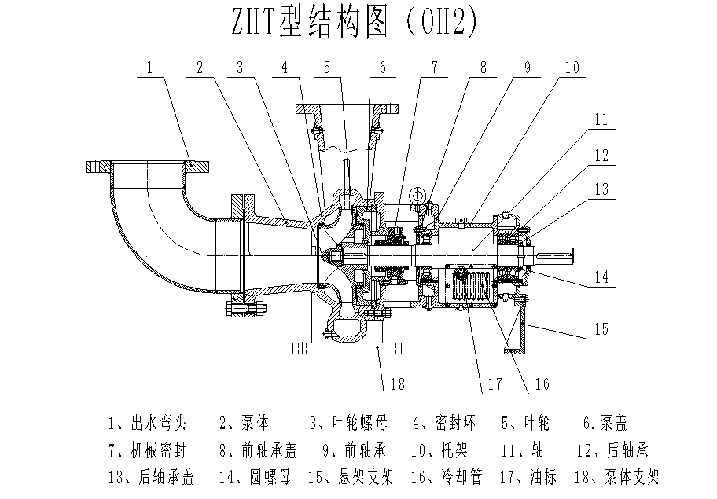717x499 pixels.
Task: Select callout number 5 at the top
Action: [x=327, y=68]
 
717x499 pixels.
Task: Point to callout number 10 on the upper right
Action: [x=571, y=68]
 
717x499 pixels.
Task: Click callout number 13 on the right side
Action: [x=601, y=189]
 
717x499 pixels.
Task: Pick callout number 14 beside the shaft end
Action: [x=601, y=277]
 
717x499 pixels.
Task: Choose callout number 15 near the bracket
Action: [x=601, y=329]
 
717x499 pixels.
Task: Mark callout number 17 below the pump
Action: [x=494, y=384]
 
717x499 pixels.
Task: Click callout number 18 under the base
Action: [x=398, y=383]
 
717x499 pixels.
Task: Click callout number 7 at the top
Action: [x=433, y=68]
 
